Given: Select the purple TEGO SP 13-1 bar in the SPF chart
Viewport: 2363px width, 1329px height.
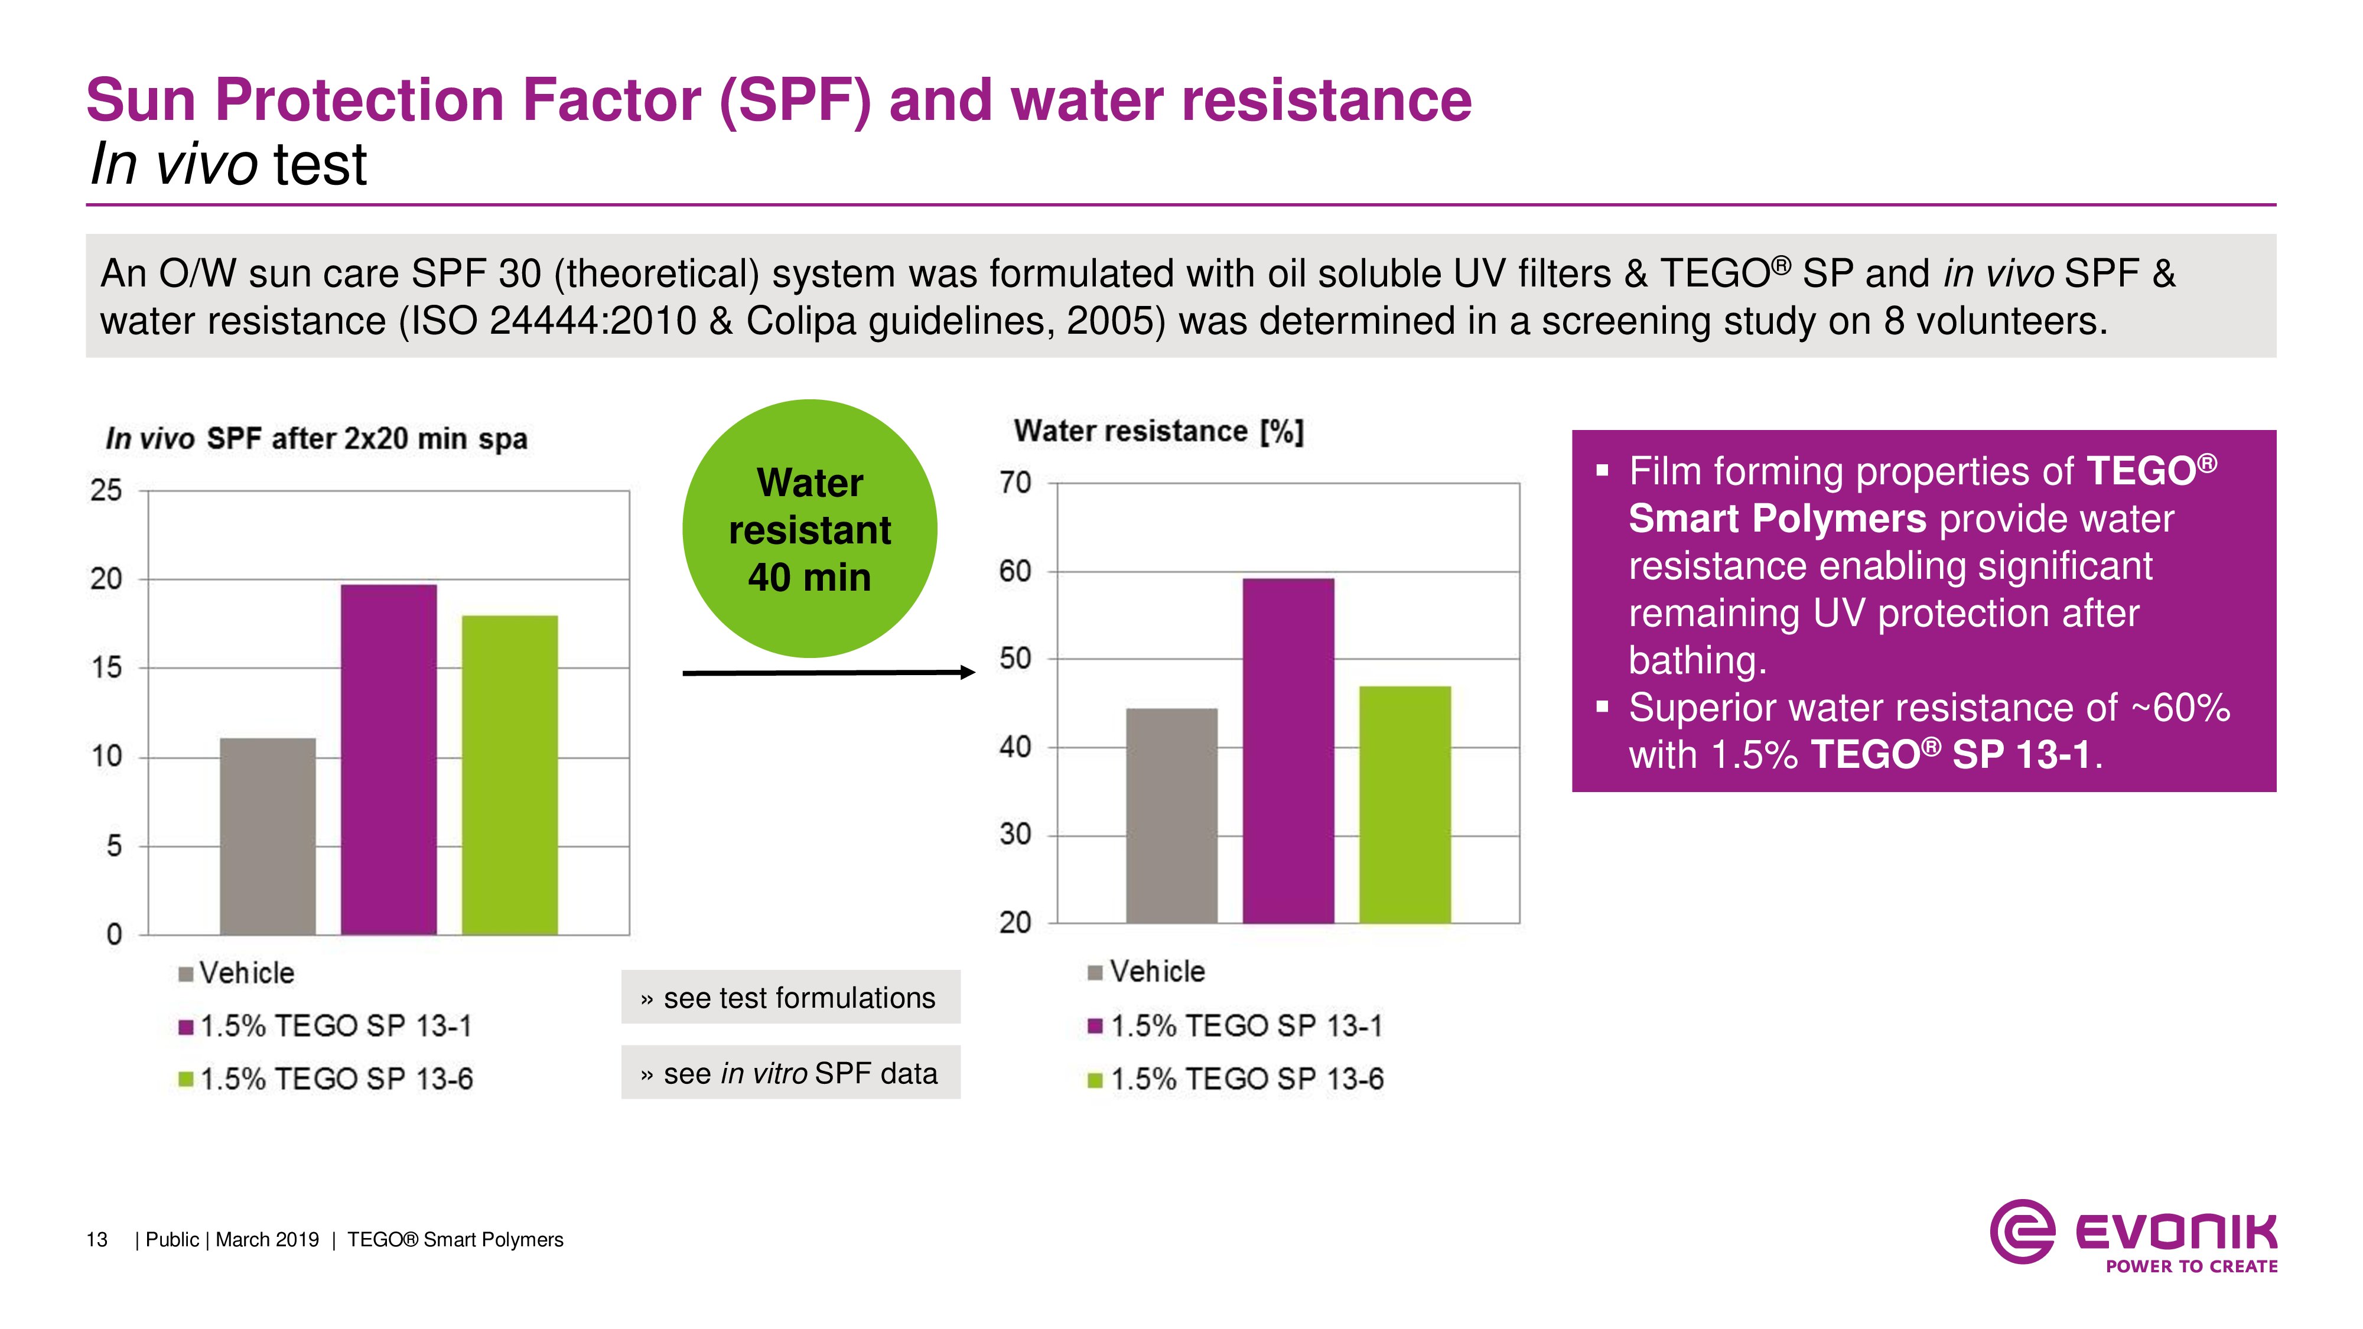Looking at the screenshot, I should pos(389,760).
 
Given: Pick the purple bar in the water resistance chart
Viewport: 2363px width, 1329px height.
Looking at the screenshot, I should pos(1288,750).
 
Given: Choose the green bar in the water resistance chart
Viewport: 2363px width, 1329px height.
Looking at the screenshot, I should pos(1404,804).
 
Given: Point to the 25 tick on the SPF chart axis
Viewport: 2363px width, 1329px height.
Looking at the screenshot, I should pos(106,491).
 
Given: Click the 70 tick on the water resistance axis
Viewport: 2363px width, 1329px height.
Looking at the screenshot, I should pos(1015,483).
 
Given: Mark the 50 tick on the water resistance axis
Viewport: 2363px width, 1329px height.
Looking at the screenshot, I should pos(1015,659).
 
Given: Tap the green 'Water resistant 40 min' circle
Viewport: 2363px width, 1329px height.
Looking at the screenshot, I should pos(809,528).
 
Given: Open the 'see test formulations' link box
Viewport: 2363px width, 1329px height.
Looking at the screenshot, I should pos(791,997).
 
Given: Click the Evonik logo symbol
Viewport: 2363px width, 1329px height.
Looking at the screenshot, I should pos(2022,1231).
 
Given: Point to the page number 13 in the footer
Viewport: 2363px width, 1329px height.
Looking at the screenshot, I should pos(96,1240).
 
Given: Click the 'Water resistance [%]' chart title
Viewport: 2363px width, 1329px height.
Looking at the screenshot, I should pos(1158,431).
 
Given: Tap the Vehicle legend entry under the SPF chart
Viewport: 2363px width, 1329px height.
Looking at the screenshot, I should pos(237,973).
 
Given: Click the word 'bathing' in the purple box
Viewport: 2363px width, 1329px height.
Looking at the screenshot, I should pos(1695,660).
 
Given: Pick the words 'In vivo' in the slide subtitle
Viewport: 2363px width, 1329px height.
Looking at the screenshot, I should pos(173,165).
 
